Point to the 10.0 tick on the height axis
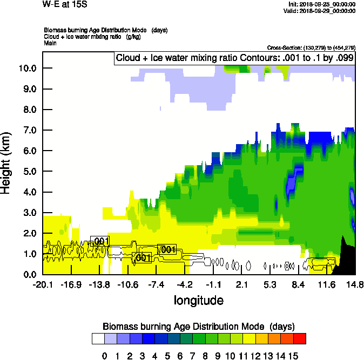pyautogui.click(x=28, y=68)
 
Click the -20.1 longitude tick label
pyautogui.click(x=42, y=284)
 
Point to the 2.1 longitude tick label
pyautogui.click(x=242, y=284)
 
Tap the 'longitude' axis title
pyautogui.click(x=198, y=300)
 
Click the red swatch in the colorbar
pyautogui.click(x=300, y=338)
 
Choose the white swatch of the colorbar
pyautogui.click(x=98, y=338)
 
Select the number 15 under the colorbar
pyautogui.click(x=293, y=356)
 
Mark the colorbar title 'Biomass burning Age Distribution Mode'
pyautogui.click(x=198, y=327)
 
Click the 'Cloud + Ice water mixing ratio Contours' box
pyautogui.click(x=234, y=58)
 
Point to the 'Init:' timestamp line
pyautogui.click(x=322, y=4)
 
